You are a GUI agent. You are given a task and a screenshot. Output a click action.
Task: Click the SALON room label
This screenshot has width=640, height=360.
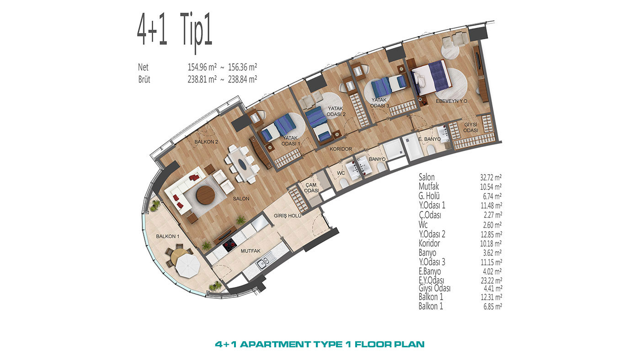(x=241, y=199)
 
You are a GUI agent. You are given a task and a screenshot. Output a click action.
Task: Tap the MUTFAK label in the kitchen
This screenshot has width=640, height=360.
(x=251, y=251)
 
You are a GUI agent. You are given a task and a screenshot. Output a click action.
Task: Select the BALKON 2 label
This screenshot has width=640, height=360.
(x=206, y=142)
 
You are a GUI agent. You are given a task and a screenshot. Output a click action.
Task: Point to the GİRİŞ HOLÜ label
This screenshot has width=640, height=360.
(x=288, y=216)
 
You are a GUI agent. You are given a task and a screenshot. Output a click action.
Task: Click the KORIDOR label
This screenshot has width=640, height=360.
(x=341, y=149)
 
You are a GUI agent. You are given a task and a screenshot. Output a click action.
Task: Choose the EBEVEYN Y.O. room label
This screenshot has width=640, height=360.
(x=452, y=101)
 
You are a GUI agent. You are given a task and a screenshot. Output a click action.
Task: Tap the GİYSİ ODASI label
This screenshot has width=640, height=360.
(x=470, y=127)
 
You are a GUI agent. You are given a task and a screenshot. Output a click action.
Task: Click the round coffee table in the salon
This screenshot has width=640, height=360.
(x=205, y=195)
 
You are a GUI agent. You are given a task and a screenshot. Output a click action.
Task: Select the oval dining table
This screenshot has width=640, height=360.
(x=242, y=164)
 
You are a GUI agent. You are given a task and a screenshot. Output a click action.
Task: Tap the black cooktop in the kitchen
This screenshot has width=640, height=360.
(x=229, y=245)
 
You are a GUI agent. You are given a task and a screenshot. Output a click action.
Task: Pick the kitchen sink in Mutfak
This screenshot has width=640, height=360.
(x=263, y=263)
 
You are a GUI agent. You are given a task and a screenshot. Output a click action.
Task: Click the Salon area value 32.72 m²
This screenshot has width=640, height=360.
(x=491, y=178)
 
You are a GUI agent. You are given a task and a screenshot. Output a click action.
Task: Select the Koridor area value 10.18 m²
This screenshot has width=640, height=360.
(x=491, y=244)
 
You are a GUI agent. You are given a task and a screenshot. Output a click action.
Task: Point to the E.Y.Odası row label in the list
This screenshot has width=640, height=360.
(x=432, y=280)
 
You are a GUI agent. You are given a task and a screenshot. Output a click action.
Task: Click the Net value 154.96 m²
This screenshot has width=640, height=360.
(x=202, y=67)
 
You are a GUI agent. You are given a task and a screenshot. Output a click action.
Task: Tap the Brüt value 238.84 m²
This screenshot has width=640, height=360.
(x=242, y=79)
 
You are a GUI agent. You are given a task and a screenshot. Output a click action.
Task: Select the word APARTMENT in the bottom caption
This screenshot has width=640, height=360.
(x=277, y=344)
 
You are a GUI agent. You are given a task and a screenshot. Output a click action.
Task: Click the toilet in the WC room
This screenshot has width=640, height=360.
(x=343, y=183)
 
